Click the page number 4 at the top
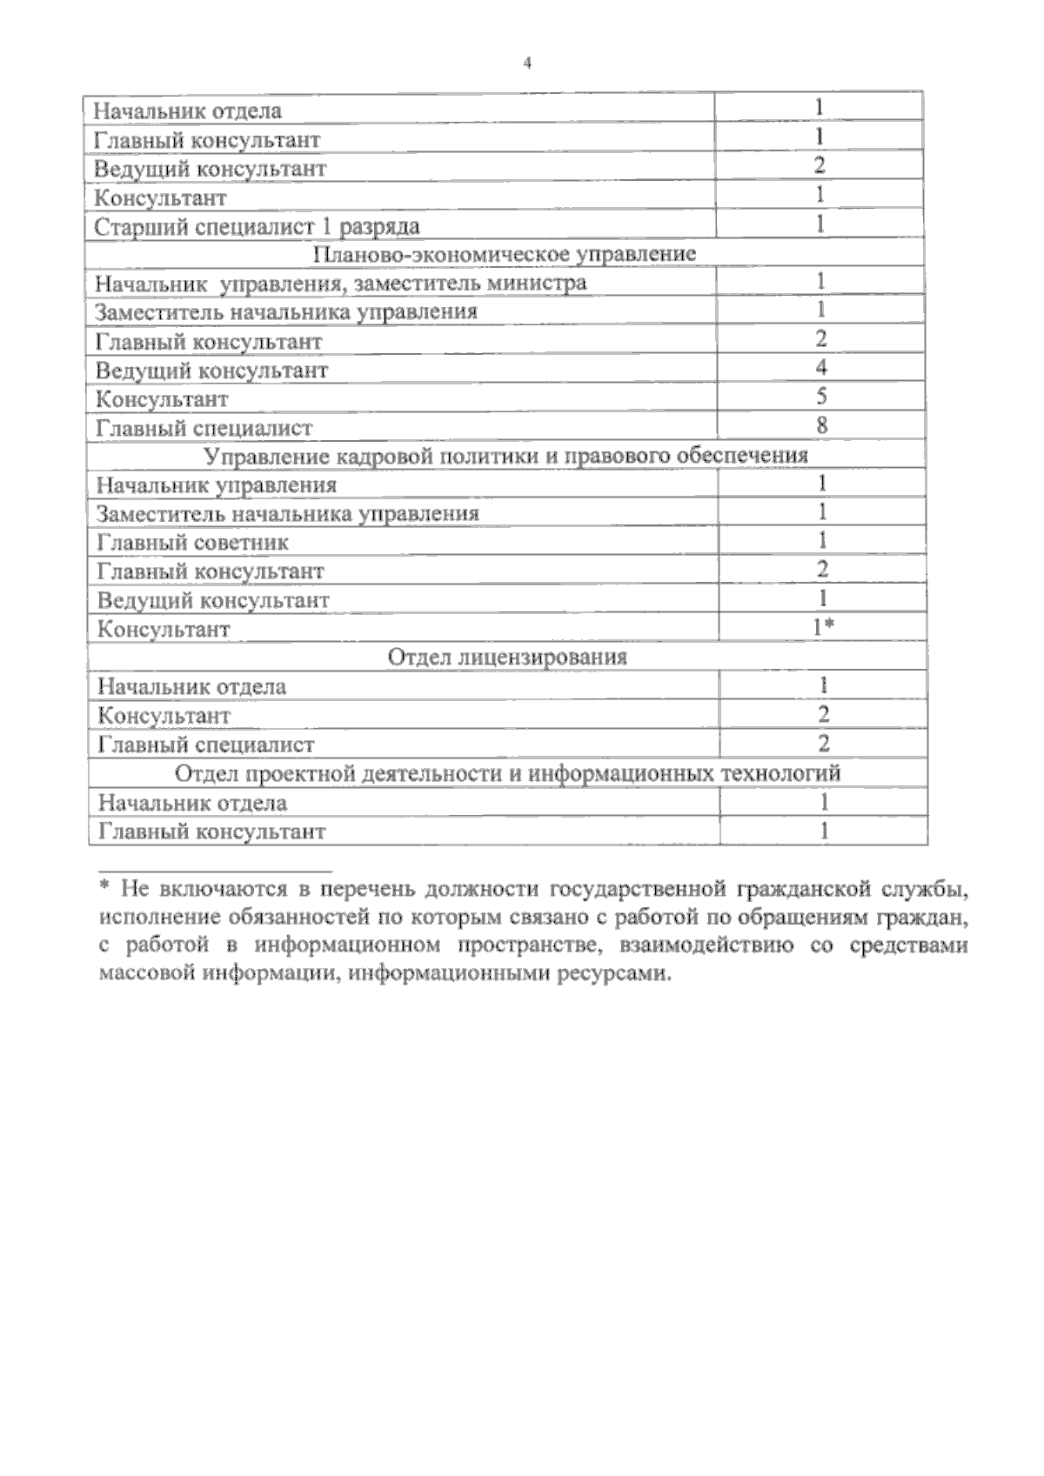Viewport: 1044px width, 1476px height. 527,63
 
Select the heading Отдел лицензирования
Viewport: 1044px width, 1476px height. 506,657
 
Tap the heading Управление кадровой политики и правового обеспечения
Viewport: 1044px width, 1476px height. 505,456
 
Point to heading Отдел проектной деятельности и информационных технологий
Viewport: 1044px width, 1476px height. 508,772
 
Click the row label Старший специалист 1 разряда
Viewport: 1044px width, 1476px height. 257,226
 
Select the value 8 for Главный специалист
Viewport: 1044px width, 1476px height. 821,425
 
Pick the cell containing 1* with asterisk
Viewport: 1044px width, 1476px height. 823,627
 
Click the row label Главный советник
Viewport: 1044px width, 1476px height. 192,543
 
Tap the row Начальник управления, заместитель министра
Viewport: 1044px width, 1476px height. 340,284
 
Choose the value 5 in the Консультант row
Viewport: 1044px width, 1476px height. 821,397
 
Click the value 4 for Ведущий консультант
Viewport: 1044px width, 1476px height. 821,368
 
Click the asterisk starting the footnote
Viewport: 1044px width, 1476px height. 104,887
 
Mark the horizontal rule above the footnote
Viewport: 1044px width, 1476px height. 215,869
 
